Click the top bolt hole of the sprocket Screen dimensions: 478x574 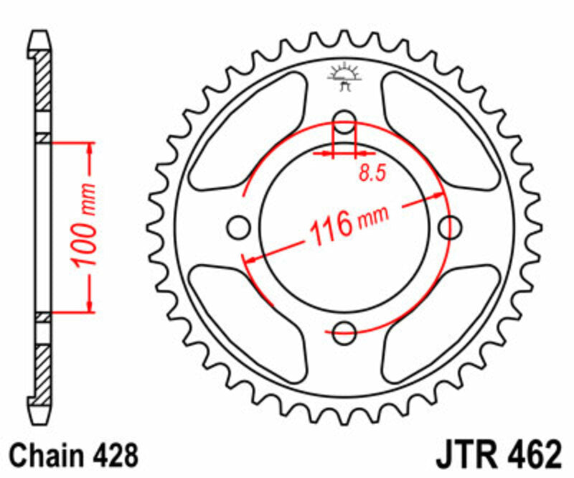tap(345, 122)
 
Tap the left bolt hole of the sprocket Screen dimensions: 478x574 tap(235, 227)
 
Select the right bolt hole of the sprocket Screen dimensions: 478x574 tap(451, 227)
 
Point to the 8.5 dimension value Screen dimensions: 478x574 tap(370, 172)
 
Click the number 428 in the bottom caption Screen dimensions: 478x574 tap(110, 455)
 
